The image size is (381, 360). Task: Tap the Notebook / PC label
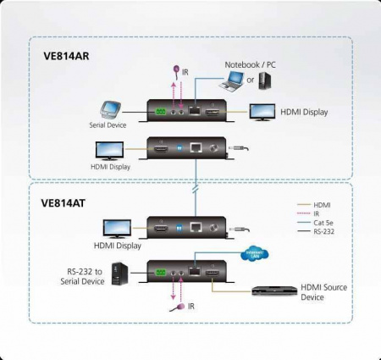(249, 64)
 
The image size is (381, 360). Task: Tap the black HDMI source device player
(274, 290)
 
